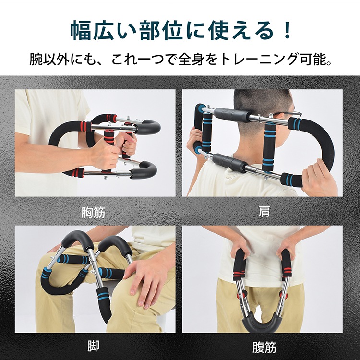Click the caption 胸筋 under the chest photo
click(93, 212)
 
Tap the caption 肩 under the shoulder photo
click(264, 212)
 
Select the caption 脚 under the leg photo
click(94, 346)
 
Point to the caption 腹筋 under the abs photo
click(264, 347)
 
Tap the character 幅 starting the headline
click(80, 31)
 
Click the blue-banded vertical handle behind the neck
click(269, 147)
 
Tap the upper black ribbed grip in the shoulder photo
click(232, 114)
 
